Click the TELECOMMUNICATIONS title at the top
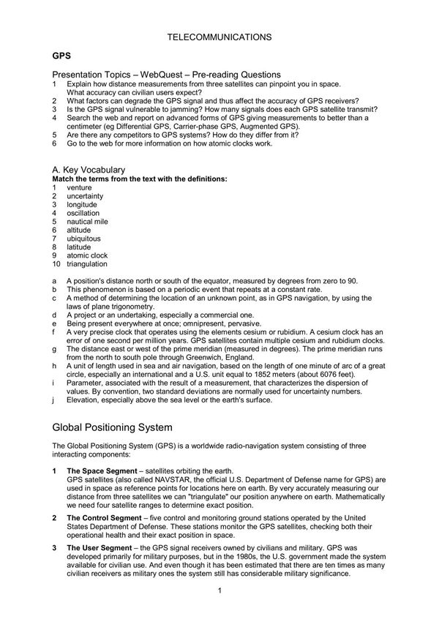(x=219, y=36)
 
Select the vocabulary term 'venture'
(x=78, y=188)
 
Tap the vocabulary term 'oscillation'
(x=83, y=213)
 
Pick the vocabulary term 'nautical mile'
(x=86, y=222)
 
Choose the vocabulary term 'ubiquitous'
(x=83, y=239)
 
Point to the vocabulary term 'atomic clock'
(x=86, y=255)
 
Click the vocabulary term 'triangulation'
(x=86, y=264)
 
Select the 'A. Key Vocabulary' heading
(x=89, y=170)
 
